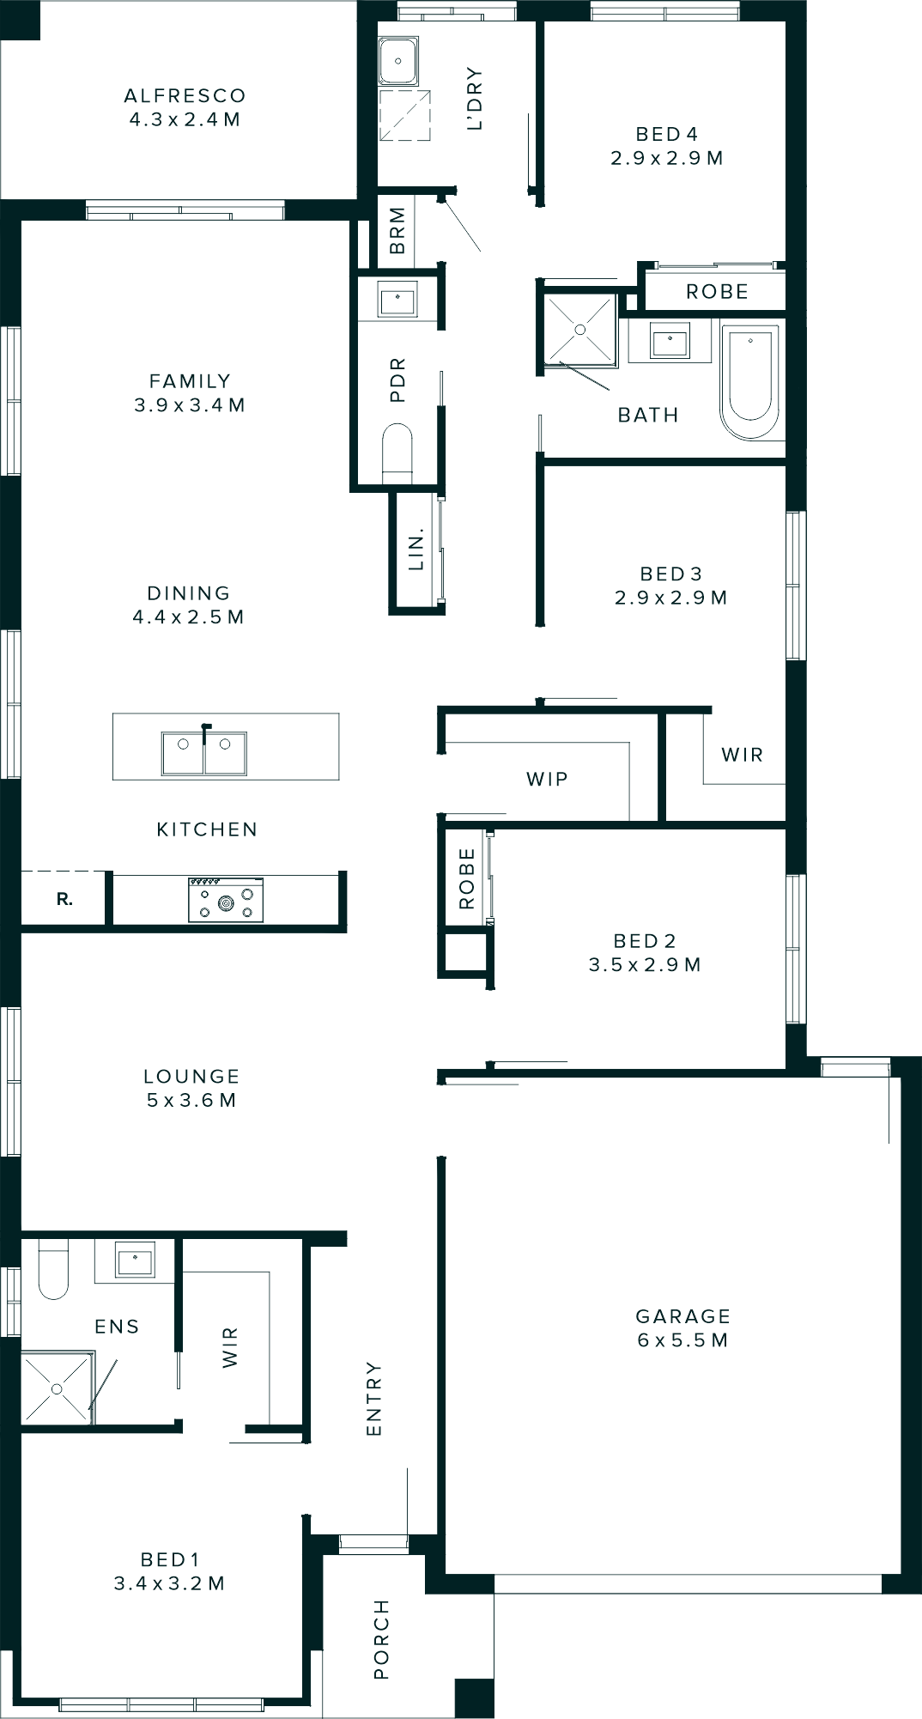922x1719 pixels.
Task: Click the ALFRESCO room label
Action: [185, 107]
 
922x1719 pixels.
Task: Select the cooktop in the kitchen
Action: [226, 900]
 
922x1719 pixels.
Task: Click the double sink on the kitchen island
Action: [204, 752]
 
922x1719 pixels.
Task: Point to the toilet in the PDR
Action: [397, 448]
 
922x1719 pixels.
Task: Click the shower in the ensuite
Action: [57, 1387]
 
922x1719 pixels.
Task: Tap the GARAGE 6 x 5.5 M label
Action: [682, 1327]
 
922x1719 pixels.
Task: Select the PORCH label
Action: [381, 1638]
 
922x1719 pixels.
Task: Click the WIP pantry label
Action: [547, 779]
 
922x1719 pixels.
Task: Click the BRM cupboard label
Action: [397, 230]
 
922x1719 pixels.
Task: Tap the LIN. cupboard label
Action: [416, 551]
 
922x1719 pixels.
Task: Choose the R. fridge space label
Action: [64, 900]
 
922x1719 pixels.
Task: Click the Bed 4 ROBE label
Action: [717, 292]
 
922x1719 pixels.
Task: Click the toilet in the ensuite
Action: [53, 1271]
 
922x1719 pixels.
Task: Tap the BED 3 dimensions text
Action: [670, 598]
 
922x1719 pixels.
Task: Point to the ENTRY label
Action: [373, 1398]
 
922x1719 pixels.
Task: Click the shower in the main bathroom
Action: [580, 330]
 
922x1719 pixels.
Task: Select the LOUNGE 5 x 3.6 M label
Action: [191, 1088]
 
